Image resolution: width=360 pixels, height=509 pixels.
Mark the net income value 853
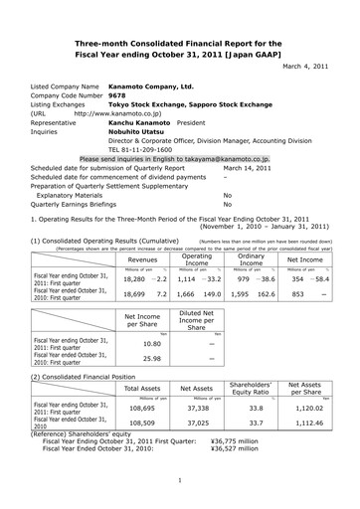coord(302,295)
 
